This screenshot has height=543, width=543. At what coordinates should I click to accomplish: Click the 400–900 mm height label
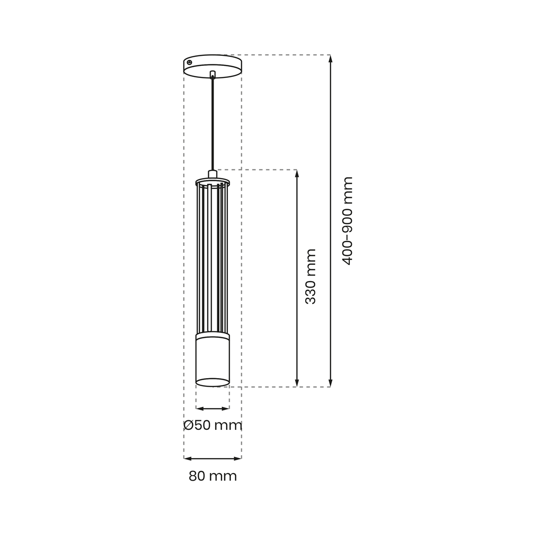tap(347, 221)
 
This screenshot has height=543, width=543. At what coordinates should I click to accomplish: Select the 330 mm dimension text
tap(311, 277)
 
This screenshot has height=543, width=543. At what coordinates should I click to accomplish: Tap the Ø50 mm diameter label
tap(213, 425)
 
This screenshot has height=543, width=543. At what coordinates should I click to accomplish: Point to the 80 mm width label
tap(213, 476)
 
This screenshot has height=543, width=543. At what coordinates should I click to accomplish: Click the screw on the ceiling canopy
tap(190, 62)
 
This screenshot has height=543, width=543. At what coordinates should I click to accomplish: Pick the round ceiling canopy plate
tap(213, 66)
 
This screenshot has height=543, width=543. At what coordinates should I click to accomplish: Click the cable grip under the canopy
tap(213, 74)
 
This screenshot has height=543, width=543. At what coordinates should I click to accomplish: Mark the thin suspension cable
tap(213, 125)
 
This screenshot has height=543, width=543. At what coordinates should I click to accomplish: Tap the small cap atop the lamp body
tap(213, 174)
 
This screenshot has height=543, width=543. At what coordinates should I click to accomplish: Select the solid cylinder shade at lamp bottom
tap(213, 360)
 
